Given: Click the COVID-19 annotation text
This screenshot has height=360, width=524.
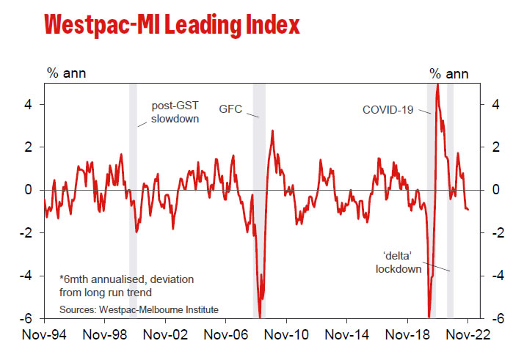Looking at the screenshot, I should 387,110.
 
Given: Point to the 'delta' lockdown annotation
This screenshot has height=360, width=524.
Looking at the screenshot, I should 399,262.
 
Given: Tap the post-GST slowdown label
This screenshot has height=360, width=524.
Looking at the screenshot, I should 175,111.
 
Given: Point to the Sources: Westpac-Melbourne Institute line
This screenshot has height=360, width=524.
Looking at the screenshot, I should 139,309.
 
